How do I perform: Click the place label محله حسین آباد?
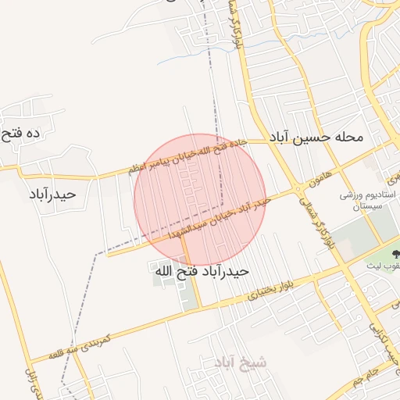[316, 137]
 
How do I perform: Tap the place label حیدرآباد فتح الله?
[201, 271]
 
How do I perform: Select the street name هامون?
[320, 176]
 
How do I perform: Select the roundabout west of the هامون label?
[298, 188]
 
